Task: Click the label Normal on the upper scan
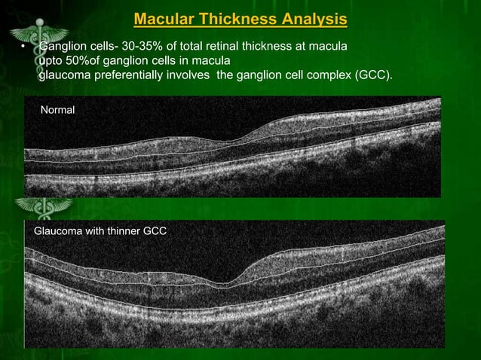coord(58,110)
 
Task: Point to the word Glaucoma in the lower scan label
coord(59,231)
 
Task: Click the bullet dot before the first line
coord(23,47)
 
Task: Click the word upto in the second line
coord(51,60)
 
